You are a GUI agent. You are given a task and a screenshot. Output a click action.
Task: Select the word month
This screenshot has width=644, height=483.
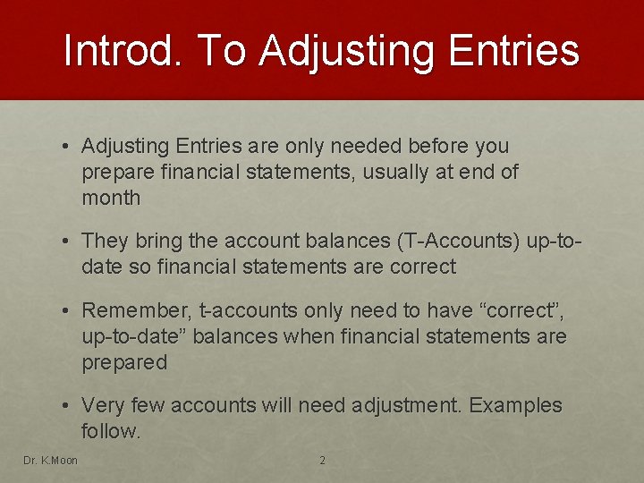tap(111, 198)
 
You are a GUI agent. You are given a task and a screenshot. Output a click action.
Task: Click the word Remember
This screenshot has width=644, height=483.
tap(136, 310)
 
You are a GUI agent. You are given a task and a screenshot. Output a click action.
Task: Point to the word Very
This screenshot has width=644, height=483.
tap(105, 405)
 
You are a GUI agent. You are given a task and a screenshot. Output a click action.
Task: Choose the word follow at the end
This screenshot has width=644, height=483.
tap(108, 431)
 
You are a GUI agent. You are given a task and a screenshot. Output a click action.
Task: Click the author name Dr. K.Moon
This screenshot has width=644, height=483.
tap(50, 461)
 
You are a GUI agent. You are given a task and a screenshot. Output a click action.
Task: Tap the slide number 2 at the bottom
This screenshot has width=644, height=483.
tap(322, 461)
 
